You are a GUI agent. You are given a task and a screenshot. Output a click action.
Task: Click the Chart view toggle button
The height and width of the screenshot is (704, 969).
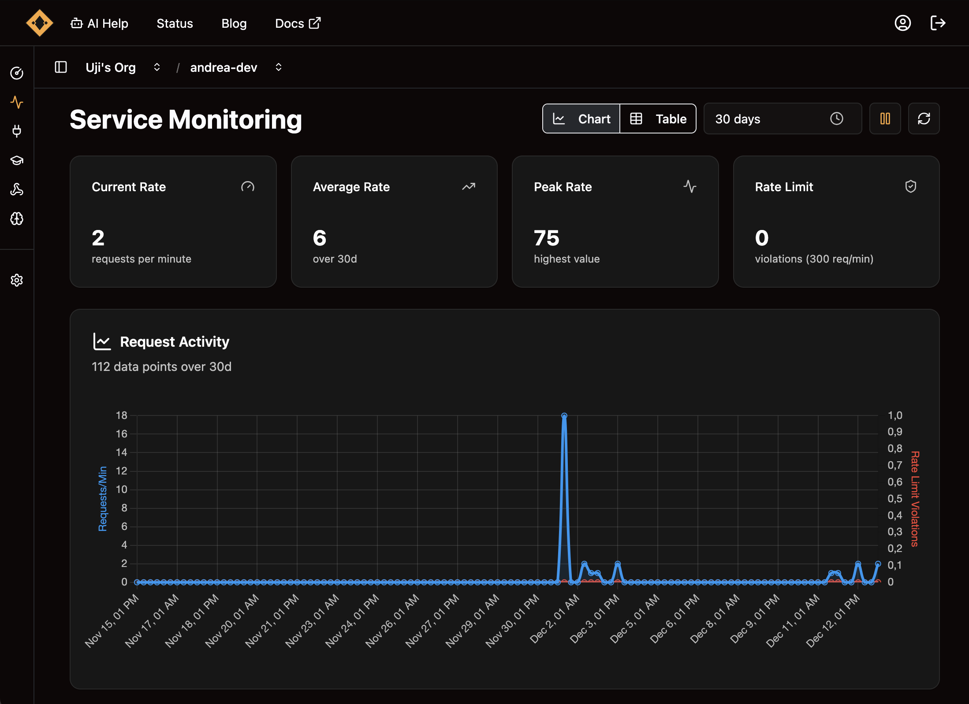[x=581, y=119]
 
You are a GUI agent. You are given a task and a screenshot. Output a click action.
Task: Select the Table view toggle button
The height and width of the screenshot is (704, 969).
[x=658, y=119]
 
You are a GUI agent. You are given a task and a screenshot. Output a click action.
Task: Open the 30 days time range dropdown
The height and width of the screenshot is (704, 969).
[x=783, y=119]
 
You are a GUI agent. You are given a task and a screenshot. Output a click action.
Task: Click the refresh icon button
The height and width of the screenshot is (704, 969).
[x=924, y=119]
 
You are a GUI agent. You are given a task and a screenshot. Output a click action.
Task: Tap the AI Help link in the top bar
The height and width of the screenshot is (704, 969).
[x=100, y=23]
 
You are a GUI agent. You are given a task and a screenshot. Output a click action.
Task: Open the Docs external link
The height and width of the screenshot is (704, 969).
[x=298, y=23]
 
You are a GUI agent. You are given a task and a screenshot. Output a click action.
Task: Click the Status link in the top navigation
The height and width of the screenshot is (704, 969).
[x=175, y=23]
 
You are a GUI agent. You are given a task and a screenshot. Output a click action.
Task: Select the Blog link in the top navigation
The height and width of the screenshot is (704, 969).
[x=234, y=23]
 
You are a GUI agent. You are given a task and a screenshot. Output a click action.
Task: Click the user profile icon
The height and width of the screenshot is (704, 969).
[x=902, y=23]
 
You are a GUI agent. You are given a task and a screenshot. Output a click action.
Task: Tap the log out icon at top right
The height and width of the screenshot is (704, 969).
[x=938, y=23]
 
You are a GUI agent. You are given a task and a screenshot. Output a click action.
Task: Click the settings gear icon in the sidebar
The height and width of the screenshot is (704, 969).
[x=17, y=280]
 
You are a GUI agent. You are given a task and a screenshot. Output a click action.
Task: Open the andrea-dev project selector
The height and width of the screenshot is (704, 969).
[x=236, y=67]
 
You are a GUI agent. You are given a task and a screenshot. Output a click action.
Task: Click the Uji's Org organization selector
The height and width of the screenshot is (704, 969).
[x=123, y=67]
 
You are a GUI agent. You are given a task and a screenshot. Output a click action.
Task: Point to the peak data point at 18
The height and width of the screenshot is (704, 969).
[x=564, y=415]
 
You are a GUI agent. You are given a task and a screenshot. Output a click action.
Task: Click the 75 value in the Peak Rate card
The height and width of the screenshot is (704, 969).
[x=547, y=238]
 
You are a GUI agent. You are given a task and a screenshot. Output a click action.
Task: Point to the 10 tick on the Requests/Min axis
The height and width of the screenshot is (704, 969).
[x=121, y=489]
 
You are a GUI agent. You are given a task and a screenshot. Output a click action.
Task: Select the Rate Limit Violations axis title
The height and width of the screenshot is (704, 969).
[x=915, y=499]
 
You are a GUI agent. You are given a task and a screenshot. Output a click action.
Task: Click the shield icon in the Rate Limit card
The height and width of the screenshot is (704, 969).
[x=911, y=187]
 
